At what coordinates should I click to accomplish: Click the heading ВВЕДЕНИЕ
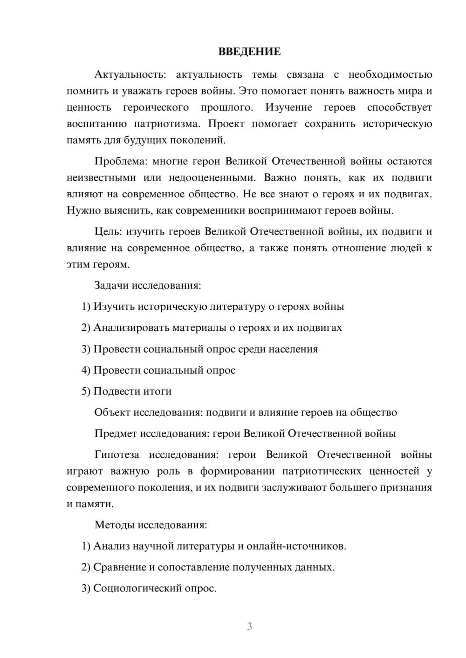249,52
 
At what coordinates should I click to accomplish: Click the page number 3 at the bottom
249,626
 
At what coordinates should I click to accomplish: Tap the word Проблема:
121,161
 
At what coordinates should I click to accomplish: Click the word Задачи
111,285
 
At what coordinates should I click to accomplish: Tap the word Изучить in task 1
114,306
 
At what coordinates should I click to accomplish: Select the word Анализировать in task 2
131,328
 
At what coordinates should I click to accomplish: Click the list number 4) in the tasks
86,370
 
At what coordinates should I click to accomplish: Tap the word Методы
114,525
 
